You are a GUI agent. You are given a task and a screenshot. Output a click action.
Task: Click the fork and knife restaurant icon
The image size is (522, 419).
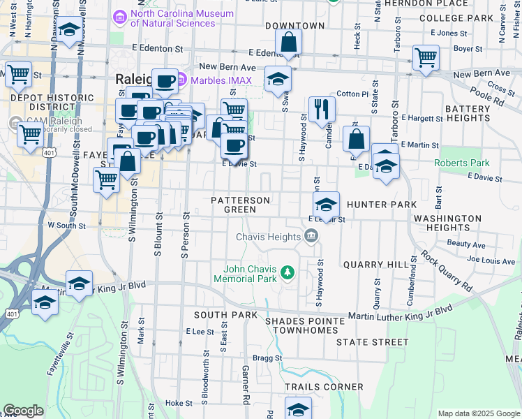click(322, 108)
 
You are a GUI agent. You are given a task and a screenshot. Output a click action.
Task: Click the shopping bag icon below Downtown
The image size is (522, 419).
click(288, 43)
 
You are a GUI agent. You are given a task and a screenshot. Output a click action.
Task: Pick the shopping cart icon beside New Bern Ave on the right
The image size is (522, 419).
click(426, 58)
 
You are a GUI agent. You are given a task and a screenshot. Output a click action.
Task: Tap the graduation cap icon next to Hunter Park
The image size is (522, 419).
click(326, 205)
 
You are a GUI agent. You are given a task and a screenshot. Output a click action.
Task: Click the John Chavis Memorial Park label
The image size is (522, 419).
click(250, 274)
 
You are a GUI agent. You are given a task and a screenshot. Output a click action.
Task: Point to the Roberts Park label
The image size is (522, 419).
click(462, 163)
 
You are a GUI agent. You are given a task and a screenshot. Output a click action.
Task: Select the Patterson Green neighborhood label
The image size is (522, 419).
click(241, 205)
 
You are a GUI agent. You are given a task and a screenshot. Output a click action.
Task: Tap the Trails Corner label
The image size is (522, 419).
click(324, 386)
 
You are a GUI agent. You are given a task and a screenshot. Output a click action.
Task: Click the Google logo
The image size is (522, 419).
click(23, 411)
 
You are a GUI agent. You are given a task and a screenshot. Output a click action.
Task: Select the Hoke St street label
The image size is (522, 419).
click(178, 403)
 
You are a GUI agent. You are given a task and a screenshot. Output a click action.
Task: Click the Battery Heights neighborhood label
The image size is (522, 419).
click(468, 114)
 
